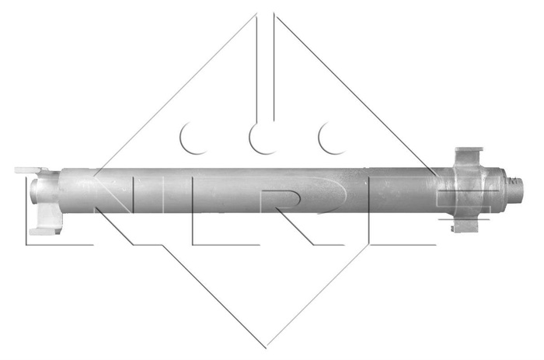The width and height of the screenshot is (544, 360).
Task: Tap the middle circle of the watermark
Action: point(265,138)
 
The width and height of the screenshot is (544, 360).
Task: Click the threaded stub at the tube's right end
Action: point(516,187)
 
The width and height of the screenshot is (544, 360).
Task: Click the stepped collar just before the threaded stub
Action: point(501,187)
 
